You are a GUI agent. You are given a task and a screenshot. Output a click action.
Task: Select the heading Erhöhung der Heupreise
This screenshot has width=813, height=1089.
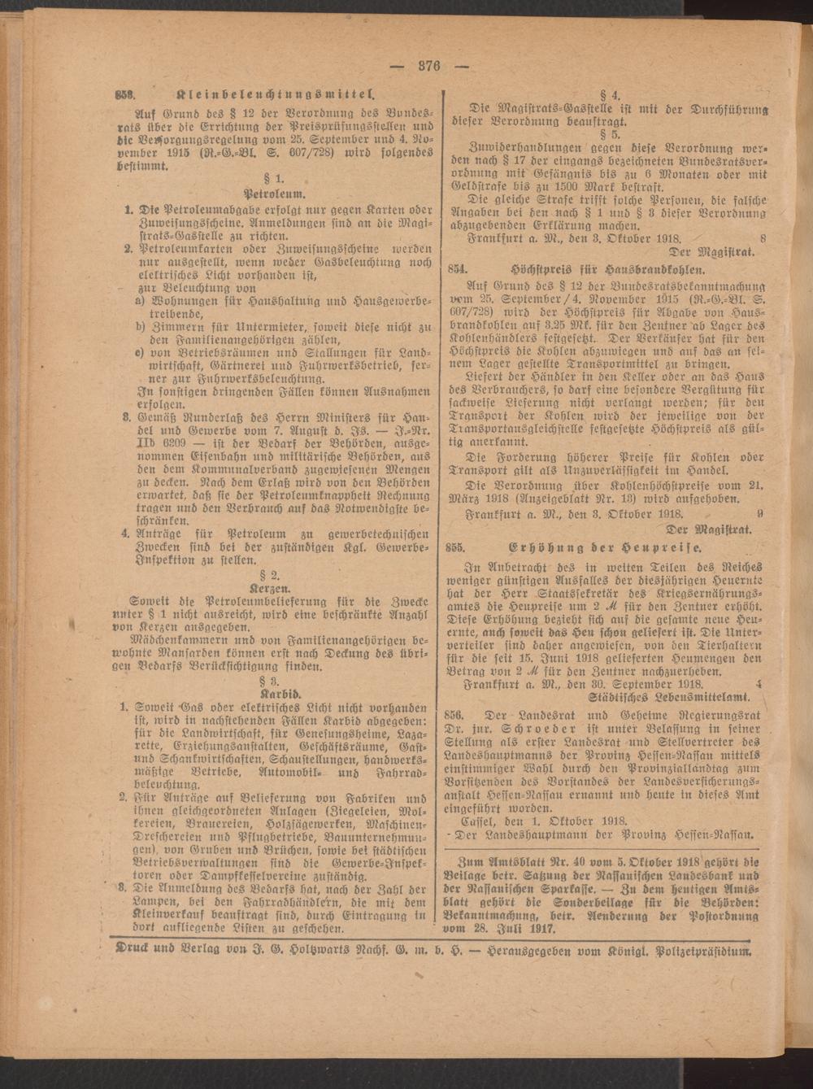tap(606, 547)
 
